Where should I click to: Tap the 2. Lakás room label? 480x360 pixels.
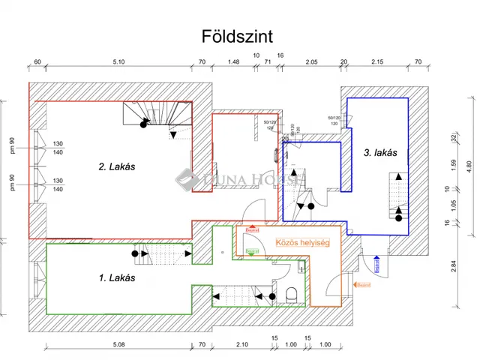point(116,166)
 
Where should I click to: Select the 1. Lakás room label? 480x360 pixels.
point(116,278)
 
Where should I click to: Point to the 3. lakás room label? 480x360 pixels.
point(379,153)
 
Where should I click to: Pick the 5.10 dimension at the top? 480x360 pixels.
point(118,62)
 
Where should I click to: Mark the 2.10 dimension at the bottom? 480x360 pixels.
point(241,344)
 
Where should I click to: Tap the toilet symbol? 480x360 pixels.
point(298,293)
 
